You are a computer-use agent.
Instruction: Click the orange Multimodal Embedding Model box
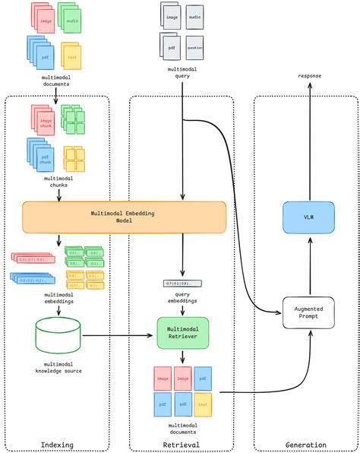tap(125, 217)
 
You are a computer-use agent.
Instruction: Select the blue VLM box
tap(308, 217)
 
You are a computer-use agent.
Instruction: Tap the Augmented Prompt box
tap(308, 312)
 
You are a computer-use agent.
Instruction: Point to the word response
tap(309, 77)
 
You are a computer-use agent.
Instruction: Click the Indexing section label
tap(58, 445)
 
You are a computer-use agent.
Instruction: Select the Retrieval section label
tap(182, 445)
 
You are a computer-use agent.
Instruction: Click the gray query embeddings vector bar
tap(182, 283)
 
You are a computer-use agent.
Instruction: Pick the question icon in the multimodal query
tap(194, 46)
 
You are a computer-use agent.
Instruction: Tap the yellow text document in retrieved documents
tap(203, 405)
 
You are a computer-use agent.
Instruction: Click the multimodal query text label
tap(182, 72)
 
